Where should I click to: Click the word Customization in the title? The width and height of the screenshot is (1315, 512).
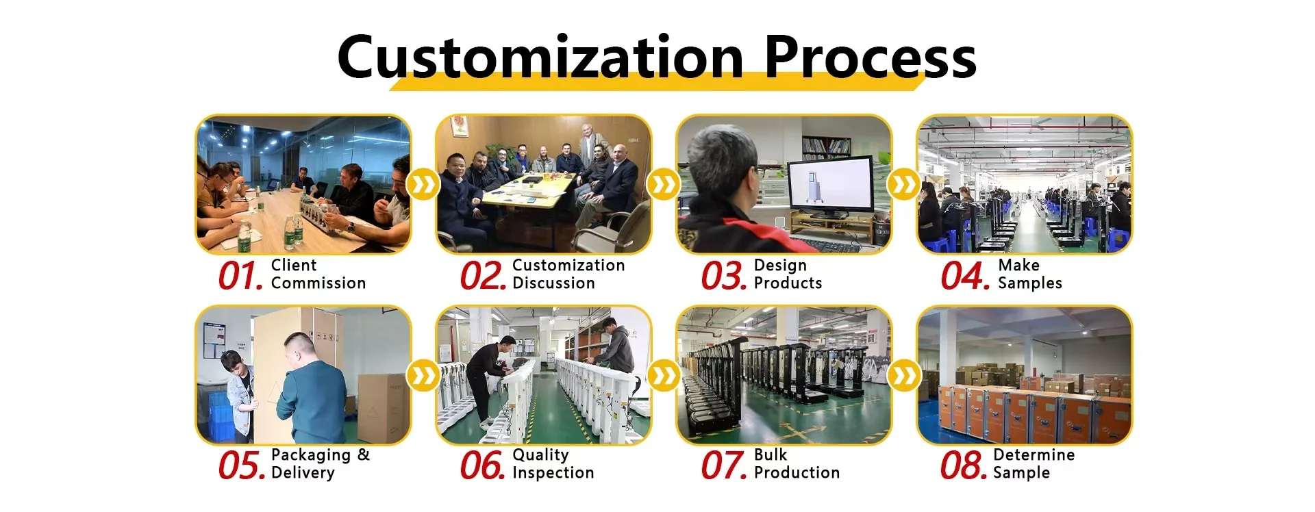(540, 56)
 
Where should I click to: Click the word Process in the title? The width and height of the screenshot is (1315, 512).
(870, 56)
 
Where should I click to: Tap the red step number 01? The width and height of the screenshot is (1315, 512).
(241, 277)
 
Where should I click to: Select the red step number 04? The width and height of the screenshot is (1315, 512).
(965, 277)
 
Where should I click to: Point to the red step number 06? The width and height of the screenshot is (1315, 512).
(483, 466)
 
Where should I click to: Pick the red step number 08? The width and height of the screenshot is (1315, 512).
(964, 466)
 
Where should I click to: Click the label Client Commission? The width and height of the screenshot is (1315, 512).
(318, 274)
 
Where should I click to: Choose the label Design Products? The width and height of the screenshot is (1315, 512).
(788, 274)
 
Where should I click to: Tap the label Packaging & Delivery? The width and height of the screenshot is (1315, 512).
(320, 464)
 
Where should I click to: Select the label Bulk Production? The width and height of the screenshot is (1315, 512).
(797, 464)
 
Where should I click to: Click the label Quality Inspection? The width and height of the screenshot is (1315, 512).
(553, 464)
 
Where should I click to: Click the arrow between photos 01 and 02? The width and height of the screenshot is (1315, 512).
(423, 185)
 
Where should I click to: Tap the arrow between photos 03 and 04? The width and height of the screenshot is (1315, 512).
(904, 185)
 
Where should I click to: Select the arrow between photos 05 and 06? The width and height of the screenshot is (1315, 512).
(423, 376)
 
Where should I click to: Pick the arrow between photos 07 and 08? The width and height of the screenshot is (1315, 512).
(904, 376)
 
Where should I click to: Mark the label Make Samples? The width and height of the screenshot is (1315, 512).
(1030, 274)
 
